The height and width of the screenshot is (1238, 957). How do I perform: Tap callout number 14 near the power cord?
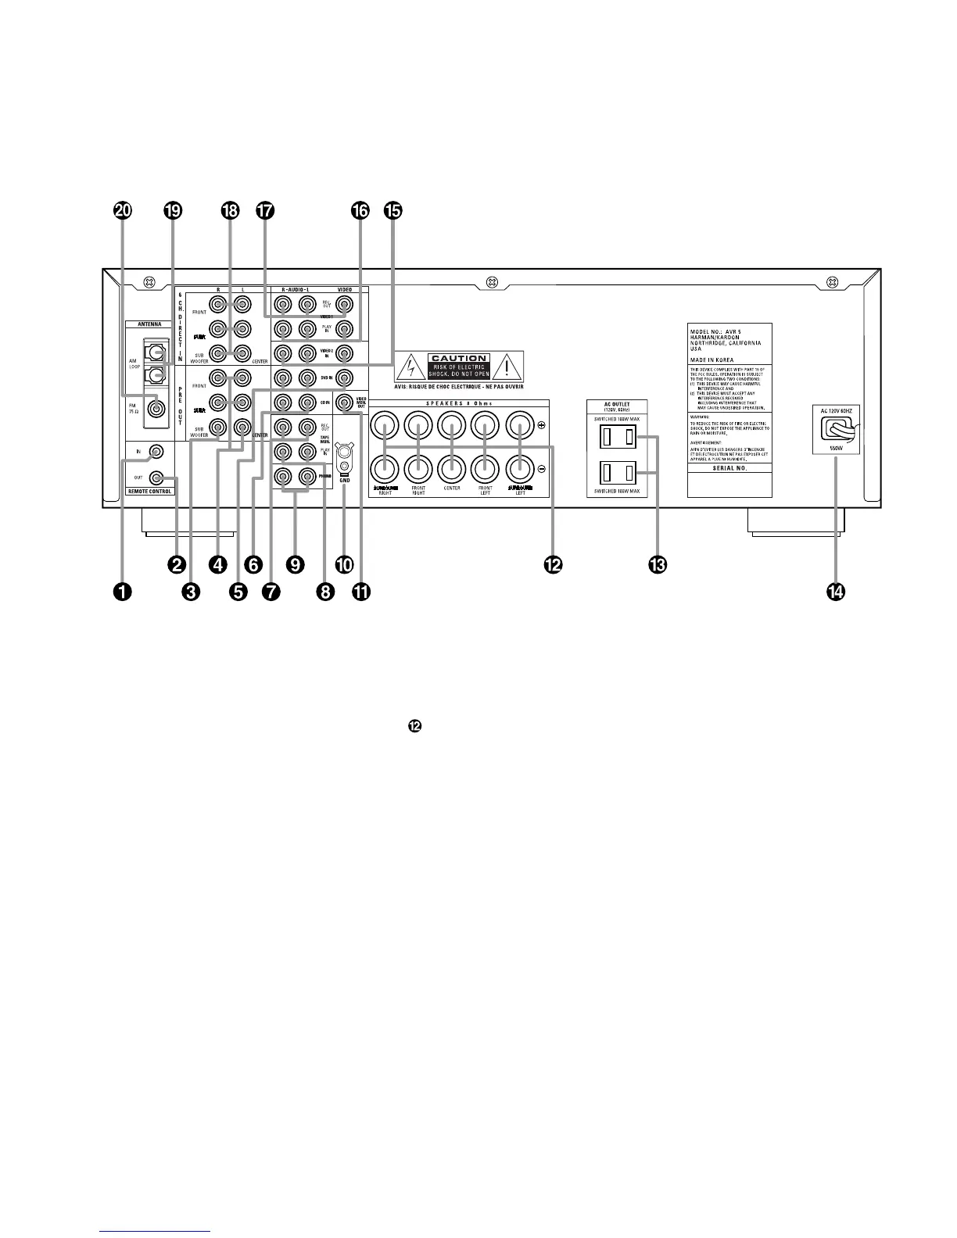[x=835, y=592]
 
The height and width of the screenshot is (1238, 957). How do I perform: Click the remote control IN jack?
[x=158, y=452]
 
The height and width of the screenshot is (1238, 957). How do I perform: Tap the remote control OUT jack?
[x=158, y=478]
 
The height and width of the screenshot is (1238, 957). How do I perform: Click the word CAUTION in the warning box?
[x=459, y=359]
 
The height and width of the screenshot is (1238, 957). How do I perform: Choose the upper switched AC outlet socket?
[x=618, y=437]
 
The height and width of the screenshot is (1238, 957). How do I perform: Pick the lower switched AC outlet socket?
[x=618, y=473]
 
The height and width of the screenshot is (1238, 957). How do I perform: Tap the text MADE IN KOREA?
[x=711, y=360]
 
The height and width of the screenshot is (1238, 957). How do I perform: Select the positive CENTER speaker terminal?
[x=450, y=425]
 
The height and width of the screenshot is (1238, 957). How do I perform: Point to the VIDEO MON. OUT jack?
[x=342, y=404]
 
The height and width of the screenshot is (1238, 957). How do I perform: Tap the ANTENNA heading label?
[x=149, y=324]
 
